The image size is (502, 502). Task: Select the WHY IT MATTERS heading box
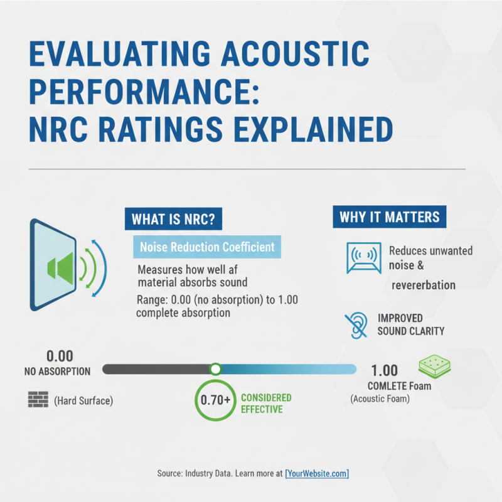point(389,217)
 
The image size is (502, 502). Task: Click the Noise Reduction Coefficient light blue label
point(207,247)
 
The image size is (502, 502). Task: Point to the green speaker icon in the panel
point(60,265)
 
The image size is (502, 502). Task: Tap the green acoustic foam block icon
point(435,366)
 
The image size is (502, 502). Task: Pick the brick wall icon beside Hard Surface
point(38,400)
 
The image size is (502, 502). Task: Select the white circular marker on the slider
point(215,369)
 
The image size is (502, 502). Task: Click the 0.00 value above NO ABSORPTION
point(60,356)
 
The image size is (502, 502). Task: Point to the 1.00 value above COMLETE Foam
point(385,370)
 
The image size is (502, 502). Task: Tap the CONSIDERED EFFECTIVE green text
point(266,403)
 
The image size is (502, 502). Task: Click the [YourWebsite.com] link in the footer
point(317,474)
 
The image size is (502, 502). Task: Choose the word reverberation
point(424,285)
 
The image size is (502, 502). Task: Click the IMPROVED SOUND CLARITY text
point(411,324)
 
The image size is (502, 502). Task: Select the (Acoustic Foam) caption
point(380,399)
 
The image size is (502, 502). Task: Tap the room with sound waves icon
point(363,258)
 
